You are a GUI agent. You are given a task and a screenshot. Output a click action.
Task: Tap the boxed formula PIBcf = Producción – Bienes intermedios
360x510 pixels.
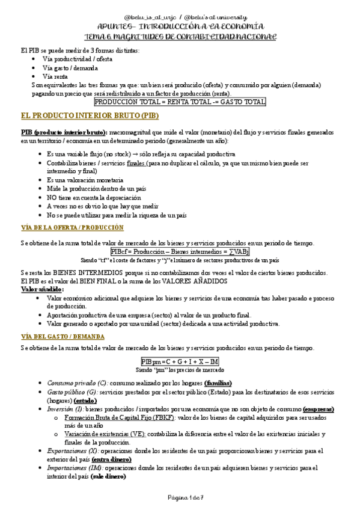[180, 251]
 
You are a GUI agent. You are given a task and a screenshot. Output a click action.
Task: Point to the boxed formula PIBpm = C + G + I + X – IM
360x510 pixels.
[180, 361]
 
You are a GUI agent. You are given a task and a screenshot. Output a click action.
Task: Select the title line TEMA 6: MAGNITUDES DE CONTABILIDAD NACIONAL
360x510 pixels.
[180, 37]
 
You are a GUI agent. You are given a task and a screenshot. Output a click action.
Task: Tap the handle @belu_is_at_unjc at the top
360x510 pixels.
[151, 18]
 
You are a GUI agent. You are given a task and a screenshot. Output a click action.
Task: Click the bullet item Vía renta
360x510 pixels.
[55, 76]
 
